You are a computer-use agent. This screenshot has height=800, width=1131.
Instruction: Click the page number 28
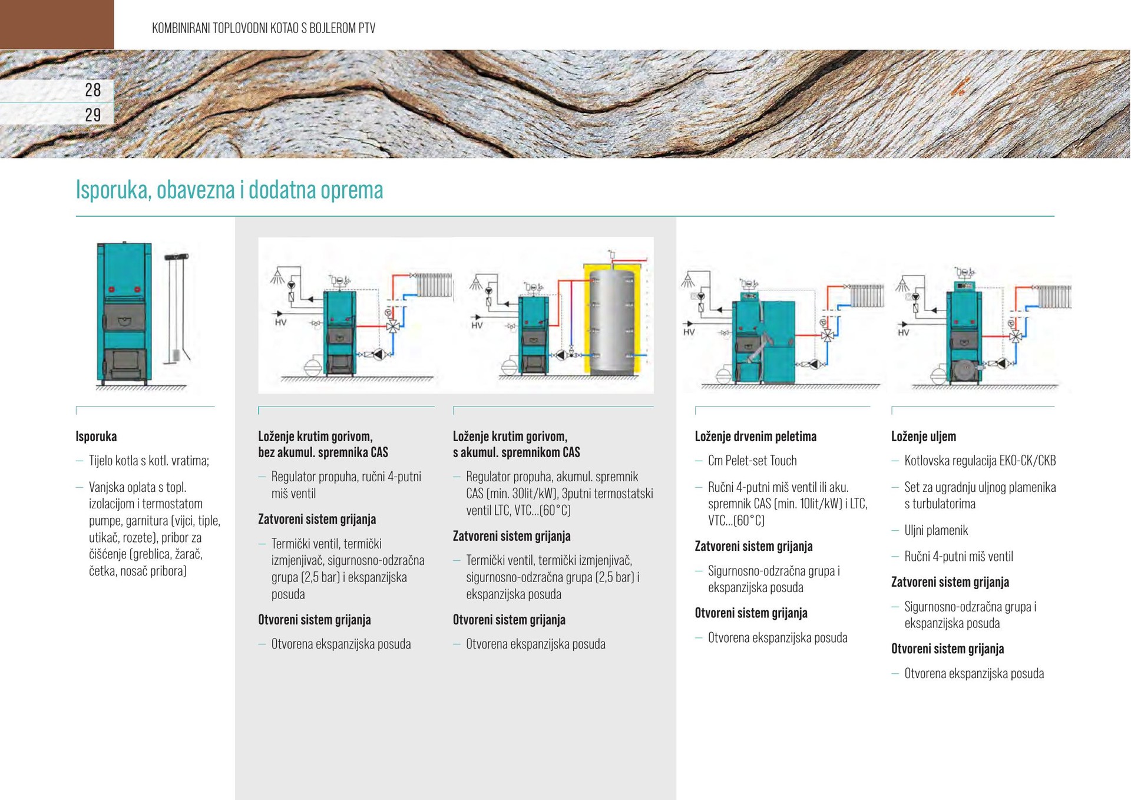click(92, 90)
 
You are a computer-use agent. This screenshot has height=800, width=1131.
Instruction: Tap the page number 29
click(92, 115)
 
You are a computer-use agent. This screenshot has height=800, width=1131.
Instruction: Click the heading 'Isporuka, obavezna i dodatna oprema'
click(229, 190)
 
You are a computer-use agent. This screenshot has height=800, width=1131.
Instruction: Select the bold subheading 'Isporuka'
click(96, 437)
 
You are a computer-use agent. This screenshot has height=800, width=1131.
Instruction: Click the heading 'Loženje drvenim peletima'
click(755, 437)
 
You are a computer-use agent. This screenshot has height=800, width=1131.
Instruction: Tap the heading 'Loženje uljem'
click(923, 437)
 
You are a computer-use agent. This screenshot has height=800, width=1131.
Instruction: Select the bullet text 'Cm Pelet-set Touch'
click(752, 461)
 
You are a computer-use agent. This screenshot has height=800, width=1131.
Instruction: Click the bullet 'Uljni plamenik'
click(936, 530)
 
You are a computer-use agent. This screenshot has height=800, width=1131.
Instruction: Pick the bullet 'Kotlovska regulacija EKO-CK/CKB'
click(980, 461)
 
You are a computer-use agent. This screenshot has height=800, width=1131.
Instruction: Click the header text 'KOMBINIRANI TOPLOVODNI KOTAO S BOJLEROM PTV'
click(263, 28)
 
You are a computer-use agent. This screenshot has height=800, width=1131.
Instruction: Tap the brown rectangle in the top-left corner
click(57, 24)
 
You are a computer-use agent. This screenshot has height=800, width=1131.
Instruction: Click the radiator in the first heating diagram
click(435, 285)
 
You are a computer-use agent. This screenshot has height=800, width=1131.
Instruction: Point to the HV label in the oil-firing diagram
click(904, 333)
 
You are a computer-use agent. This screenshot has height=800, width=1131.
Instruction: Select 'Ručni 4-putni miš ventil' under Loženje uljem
click(958, 556)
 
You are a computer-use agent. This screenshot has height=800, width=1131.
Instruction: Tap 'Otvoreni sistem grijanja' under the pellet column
click(750, 613)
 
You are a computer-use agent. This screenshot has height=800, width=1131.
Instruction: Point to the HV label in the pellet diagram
click(689, 332)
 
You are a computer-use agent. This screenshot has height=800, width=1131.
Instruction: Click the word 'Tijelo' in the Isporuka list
click(100, 461)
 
